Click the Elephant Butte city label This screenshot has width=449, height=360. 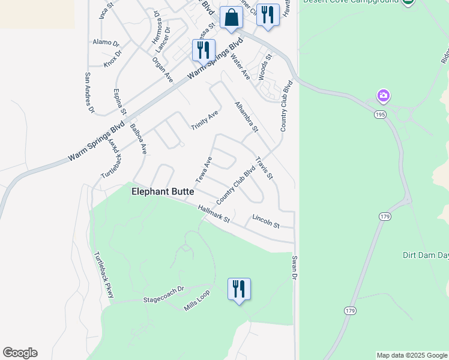(163, 191)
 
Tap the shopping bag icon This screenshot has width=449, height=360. (231, 18)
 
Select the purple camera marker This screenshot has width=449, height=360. (384, 95)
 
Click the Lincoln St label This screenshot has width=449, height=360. (266, 221)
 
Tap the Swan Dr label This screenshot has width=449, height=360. (295, 267)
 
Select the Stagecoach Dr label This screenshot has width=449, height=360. (162, 298)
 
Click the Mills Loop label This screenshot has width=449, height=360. (197, 305)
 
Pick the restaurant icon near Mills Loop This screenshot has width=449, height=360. (239, 289)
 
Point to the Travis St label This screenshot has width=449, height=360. (264, 169)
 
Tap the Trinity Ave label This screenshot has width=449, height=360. (205, 120)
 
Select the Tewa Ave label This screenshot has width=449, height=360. (204, 170)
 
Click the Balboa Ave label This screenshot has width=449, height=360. (142, 140)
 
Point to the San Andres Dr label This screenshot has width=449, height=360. (89, 92)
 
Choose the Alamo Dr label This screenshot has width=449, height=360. (106, 43)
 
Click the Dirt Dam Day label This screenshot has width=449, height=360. (425, 255)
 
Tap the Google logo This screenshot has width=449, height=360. (20, 353)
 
